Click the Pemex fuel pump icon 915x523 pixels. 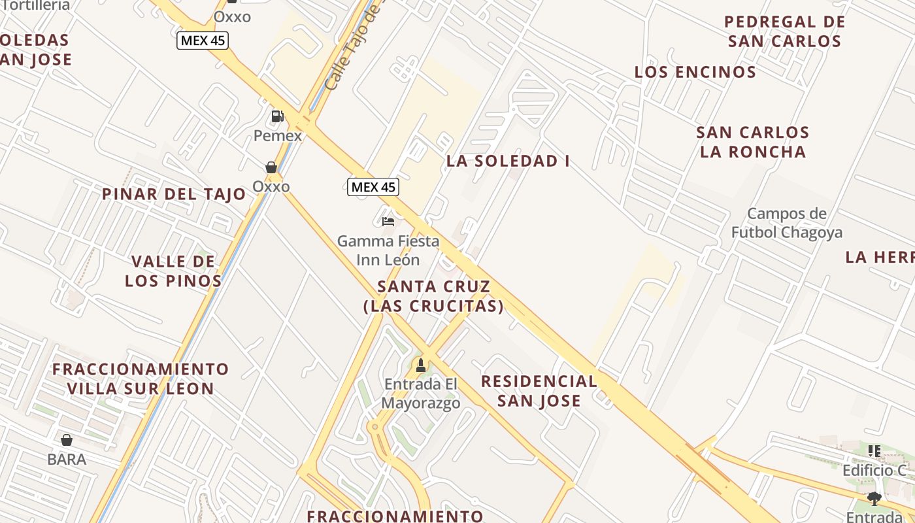tap(277, 116)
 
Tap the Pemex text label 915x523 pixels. tap(278, 136)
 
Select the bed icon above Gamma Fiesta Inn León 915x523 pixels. tap(388, 222)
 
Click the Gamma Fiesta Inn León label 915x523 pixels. tap(388, 250)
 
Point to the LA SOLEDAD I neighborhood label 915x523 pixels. tap(508, 161)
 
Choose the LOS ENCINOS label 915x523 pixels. tap(695, 72)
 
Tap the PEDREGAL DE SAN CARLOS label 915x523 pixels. tap(784, 31)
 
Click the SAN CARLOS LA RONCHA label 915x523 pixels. tap(753, 142)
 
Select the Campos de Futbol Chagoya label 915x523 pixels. tap(787, 223)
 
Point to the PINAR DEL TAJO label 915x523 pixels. tap(174, 194)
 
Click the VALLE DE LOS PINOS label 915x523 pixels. tap(173, 271)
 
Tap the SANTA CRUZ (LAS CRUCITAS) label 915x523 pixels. tap(433, 296)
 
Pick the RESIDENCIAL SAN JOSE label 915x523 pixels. tap(539, 391)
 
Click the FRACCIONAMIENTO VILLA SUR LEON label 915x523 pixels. tap(141, 379)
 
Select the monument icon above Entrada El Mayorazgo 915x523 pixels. tap(421, 365)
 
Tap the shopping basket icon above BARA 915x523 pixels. tap(66, 440)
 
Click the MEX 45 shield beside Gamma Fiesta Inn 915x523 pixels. tap(373, 187)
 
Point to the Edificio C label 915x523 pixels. tap(874, 470)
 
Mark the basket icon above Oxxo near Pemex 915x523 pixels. tap(271, 167)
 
